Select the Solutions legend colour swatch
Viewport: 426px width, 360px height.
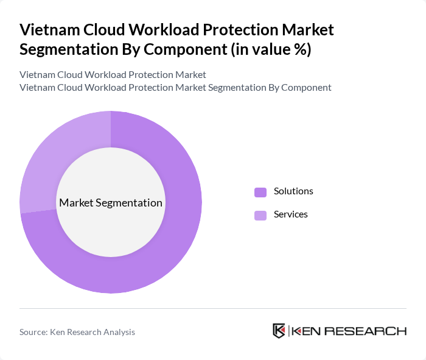coord(260,192)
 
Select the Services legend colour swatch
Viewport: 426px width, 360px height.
coord(260,215)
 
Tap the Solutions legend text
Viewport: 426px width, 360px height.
coord(293,191)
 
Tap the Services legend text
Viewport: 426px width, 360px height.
coord(291,214)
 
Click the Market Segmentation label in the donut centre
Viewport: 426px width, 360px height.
coord(111,203)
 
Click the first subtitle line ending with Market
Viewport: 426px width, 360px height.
coord(113,75)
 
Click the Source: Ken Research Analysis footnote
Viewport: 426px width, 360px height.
coord(77,332)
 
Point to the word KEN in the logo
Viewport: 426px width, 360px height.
coord(306,331)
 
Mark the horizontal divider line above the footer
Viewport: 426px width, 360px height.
coord(213,308)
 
